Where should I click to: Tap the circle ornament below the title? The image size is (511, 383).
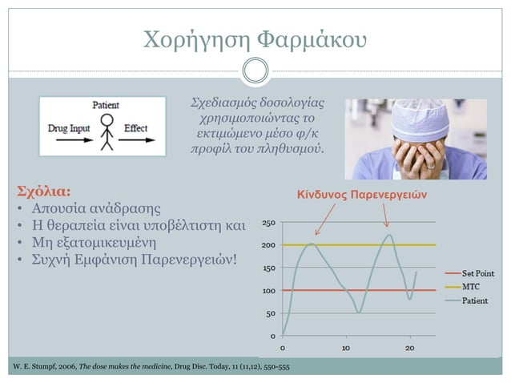click(255, 70)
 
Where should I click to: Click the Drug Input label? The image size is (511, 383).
click(69, 128)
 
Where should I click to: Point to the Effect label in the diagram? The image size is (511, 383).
click(136, 128)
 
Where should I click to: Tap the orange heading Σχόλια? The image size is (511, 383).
click(43, 191)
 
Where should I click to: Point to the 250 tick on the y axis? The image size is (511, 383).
click(270, 222)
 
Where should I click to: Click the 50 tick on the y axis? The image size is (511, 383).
click(272, 313)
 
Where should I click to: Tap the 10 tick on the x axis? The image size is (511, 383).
click(345, 348)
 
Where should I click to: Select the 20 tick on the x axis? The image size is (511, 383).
click(410, 348)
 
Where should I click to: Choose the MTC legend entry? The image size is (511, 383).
click(470, 286)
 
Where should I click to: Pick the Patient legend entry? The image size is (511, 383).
click(473, 300)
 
